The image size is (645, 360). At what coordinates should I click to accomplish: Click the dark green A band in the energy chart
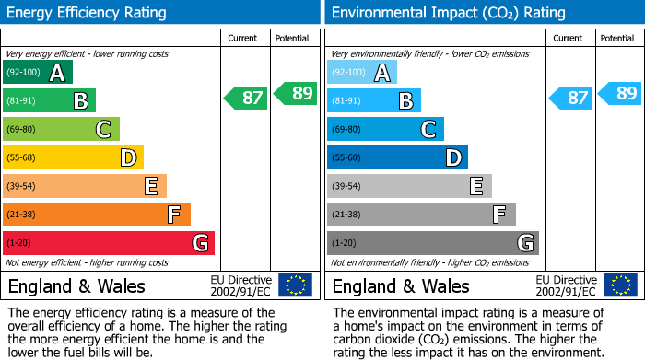[x=38, y=73]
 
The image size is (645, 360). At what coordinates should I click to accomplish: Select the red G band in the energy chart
[x=109, y=243]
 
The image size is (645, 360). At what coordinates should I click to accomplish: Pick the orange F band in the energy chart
[x=97, y=215]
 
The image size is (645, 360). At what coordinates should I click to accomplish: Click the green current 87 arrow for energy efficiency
[x=246, y=98]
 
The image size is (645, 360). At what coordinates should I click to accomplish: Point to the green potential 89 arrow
[x=296, y=93]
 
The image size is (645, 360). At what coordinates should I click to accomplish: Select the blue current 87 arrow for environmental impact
[x=570, y=98]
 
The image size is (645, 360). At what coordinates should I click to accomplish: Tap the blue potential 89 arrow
[x=620, y=93]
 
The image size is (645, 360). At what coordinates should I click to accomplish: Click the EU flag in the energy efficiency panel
[x=295, y=285]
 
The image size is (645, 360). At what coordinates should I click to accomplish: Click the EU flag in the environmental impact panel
[x=619, y=285]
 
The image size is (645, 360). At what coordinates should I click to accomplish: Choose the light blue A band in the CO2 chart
[x=362, y=73]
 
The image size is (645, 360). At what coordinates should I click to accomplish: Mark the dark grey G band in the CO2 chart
[x=433, y=243]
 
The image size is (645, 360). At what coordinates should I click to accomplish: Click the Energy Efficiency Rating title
[x=88, y=13]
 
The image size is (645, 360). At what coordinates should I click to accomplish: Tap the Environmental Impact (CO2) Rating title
[x=448, y=13]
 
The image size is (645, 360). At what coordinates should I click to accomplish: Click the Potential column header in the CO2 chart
[x=617, y=38]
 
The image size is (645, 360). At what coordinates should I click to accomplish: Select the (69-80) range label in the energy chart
[x=22, y=130]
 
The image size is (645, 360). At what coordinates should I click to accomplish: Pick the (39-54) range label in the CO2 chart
[x=346, y=187]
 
